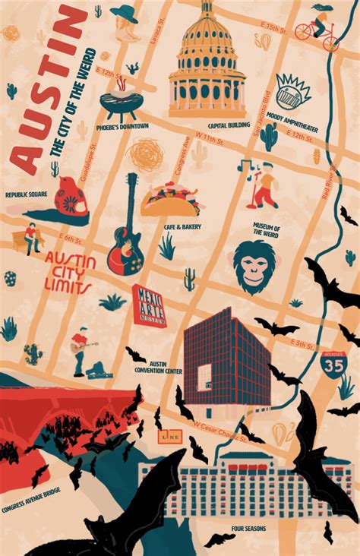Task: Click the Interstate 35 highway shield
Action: pyautogui.click(x=334, y=365)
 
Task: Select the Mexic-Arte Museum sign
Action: pyautogui.click(x=149, y=306)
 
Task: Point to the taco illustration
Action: pyautogui.click(x=169, y=200)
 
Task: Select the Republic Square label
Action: pyautogui.click(x=27, y=194)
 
